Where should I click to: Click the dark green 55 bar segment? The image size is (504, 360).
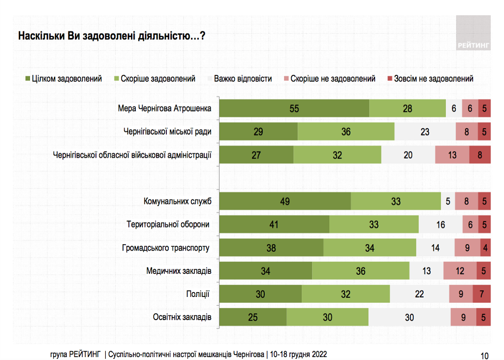click(294, 109)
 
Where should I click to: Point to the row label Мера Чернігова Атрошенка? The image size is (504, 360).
click(165, 108)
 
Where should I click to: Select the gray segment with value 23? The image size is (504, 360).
click(425, 131)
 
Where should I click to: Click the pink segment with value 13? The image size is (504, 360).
click(452, 155)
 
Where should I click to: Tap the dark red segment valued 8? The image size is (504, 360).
click(480, 155)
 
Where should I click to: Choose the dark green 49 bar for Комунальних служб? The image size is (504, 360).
click(285, 201)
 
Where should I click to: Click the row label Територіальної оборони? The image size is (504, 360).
click(168, 225)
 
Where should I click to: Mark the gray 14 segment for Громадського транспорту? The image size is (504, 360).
click(435, 248)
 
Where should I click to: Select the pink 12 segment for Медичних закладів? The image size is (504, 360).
click(460, 271)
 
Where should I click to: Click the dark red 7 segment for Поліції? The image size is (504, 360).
click(482, 294)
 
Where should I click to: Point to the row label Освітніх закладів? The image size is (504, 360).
click(182, 317)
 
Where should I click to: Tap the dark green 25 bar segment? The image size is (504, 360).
click(253, 317)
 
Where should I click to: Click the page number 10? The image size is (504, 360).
click(484, 355)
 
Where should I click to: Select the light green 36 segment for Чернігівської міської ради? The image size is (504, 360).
click(346, 131)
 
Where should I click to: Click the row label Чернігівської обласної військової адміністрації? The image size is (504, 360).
click(132, 155)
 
